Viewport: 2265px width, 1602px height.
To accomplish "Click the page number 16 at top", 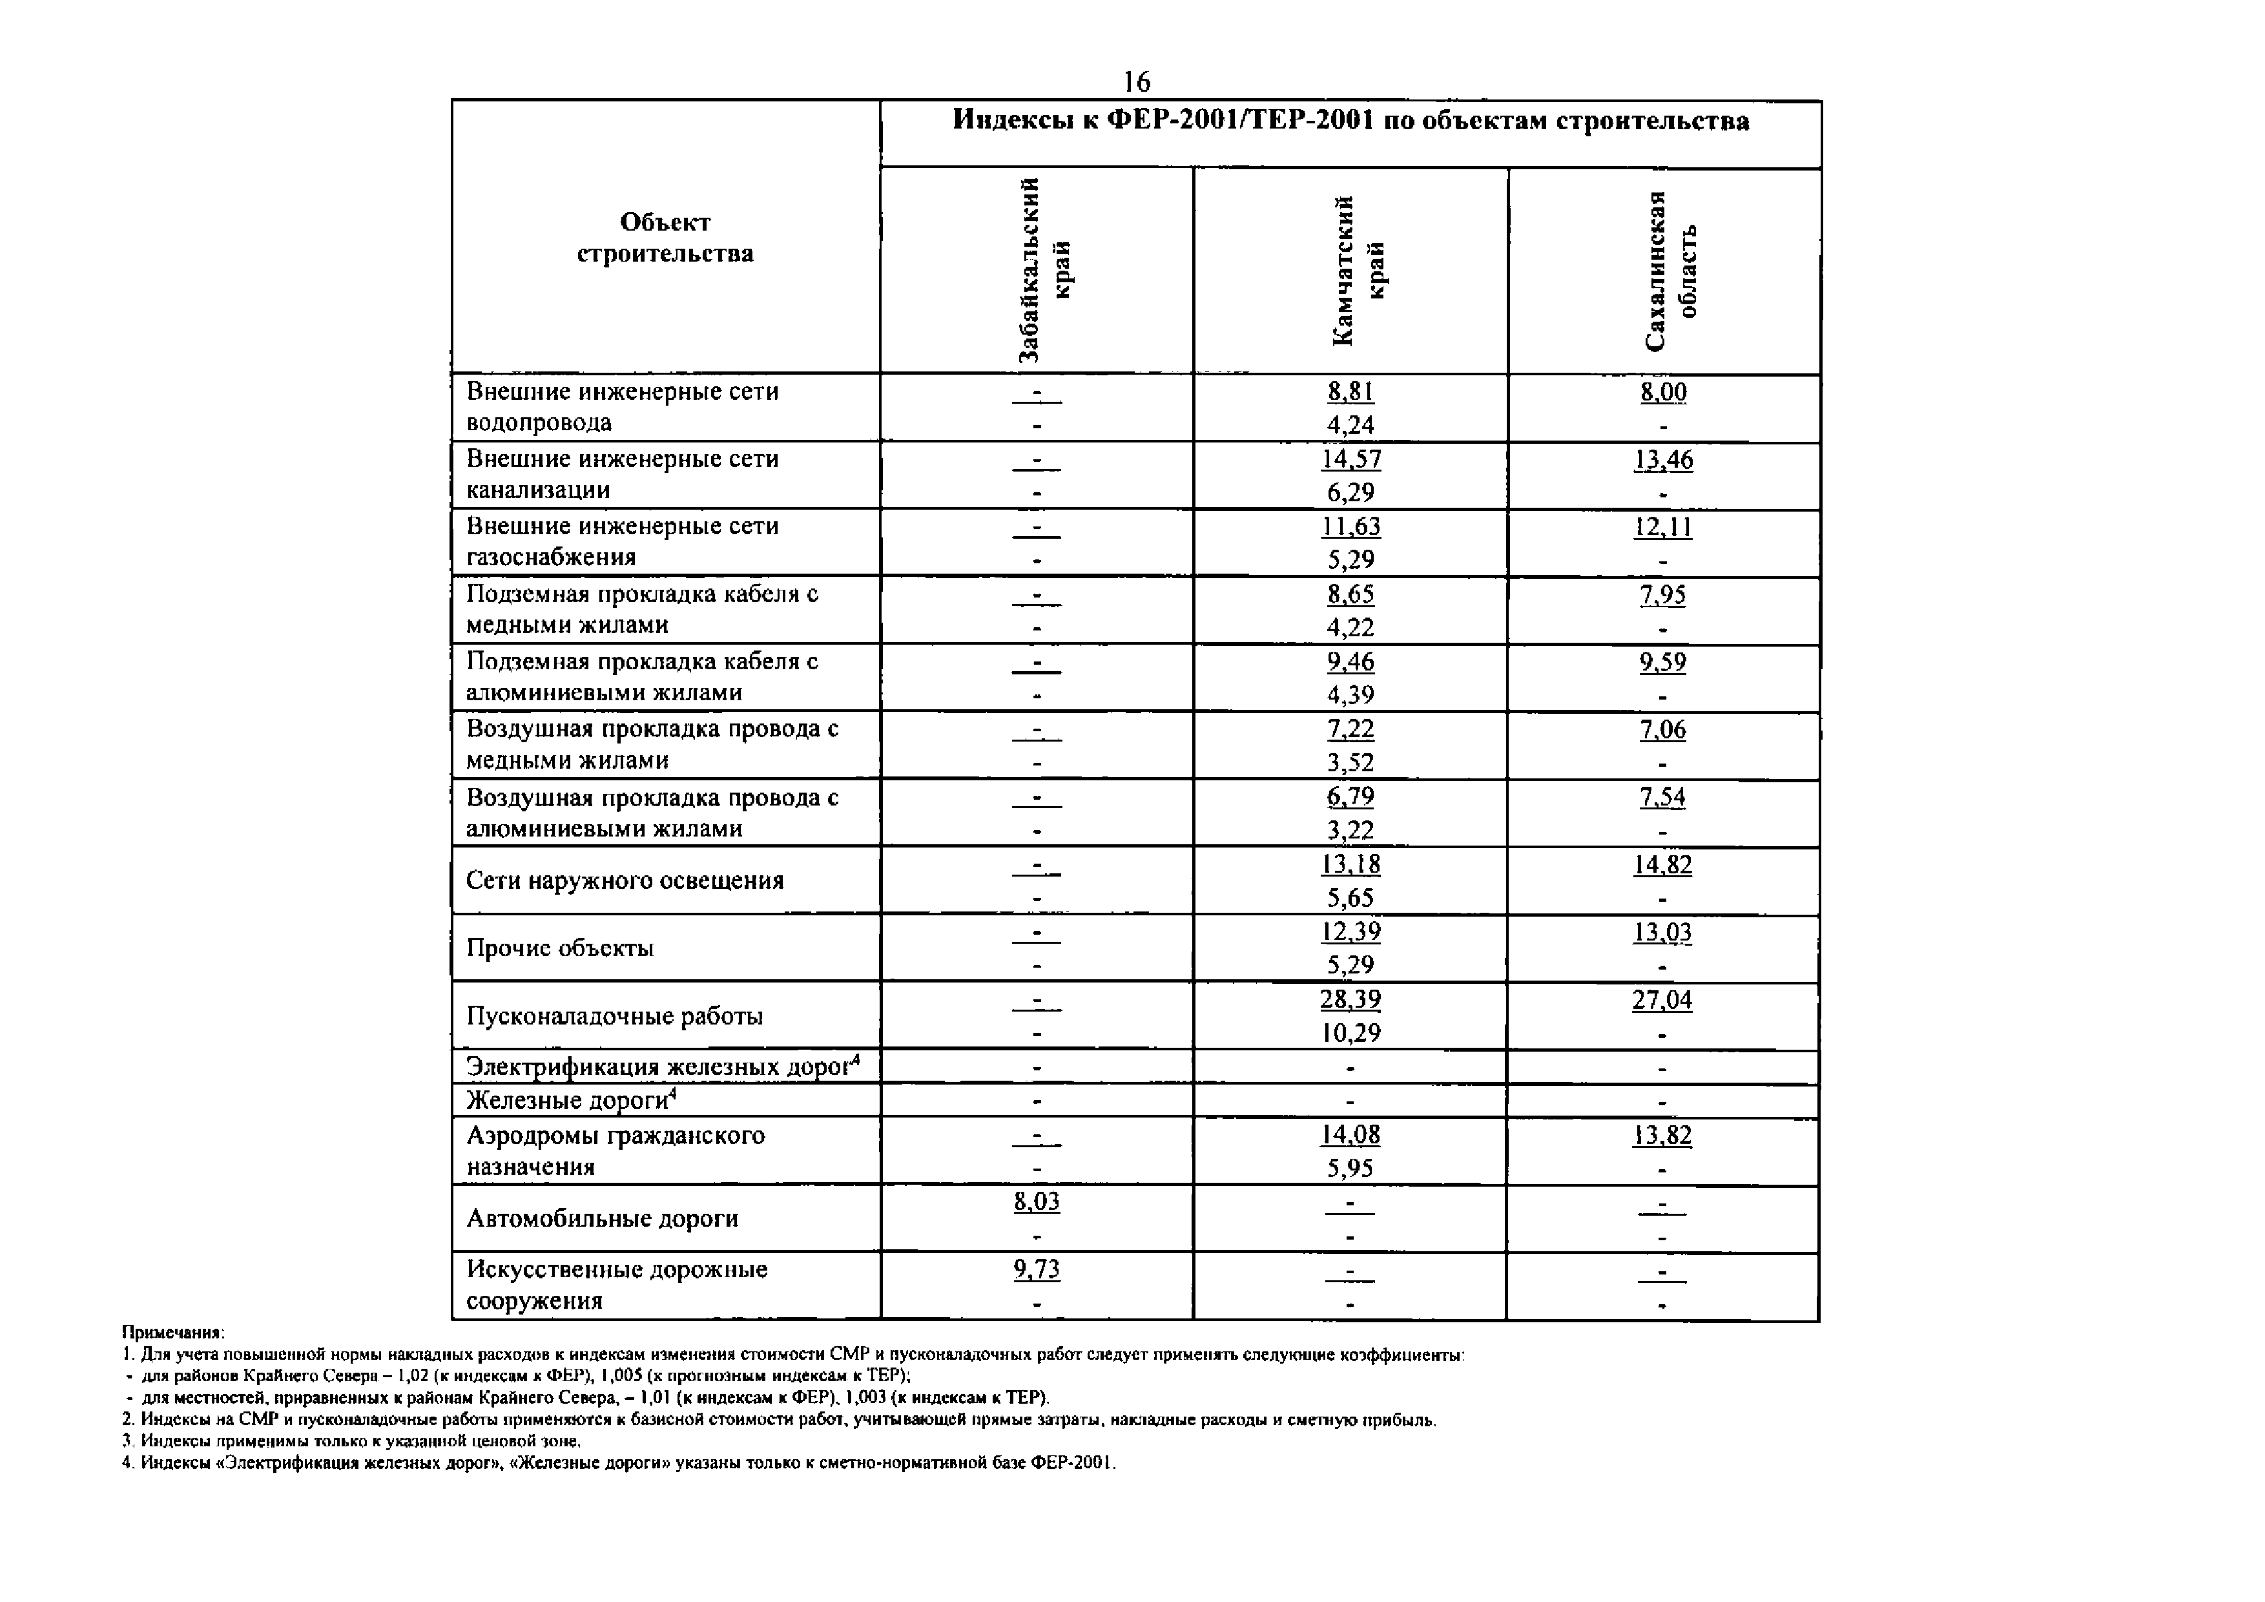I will point(1137,81).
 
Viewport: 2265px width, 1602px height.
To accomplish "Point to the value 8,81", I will point(1350,391).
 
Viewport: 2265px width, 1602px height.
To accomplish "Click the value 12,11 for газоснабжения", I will point(1663,526).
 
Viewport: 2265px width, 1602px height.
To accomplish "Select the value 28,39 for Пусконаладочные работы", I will point(1350,999).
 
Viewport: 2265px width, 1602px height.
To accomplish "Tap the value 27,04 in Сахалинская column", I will point(1662,1000).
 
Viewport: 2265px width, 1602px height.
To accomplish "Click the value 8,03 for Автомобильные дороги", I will point(1037,1200).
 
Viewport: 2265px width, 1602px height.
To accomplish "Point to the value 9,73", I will point(1037,1269).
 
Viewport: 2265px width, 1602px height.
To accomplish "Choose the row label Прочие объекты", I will point(561,948).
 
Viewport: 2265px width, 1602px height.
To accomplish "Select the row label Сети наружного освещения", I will point(625,880).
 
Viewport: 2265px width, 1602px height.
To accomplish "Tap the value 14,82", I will point(1662,865).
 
